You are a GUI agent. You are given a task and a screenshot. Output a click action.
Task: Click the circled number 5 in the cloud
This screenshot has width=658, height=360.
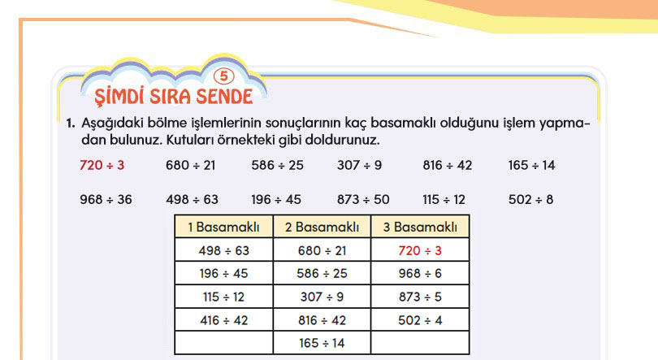tap(223, 76)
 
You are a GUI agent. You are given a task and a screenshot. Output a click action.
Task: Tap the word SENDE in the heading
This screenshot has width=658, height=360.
tap(224, 97)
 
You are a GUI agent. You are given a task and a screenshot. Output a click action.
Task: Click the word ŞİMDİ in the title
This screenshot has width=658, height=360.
tap(119, 96)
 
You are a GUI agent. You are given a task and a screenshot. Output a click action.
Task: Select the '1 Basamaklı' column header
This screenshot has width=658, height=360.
tap(223, 227)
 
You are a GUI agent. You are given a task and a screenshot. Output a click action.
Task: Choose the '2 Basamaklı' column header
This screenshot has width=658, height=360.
tap(322, 227)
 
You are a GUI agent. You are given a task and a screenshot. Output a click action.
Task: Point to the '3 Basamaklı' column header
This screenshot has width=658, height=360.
tap(420, 227)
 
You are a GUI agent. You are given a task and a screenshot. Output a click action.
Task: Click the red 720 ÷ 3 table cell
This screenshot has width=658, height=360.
tap(420, 250)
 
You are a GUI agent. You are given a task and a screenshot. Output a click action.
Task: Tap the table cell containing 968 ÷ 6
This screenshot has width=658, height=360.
tap(420, 274)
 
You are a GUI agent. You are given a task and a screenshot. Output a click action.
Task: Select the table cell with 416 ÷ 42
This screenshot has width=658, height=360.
tap(223, 320)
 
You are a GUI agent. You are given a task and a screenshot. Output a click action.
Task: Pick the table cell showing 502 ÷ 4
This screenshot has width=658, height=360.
tap(420, 320)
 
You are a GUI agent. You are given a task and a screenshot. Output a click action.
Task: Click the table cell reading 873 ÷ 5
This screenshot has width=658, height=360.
tap(420, 297)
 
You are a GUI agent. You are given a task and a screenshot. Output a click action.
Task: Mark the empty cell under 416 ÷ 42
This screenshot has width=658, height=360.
tap(223, 343)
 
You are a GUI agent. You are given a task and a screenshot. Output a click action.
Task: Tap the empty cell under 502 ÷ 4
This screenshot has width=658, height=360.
tap(420, 343)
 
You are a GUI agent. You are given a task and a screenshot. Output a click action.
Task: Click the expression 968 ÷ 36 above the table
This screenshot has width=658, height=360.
tap(106, 199)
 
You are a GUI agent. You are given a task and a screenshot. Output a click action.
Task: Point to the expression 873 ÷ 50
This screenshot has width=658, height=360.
tap(363, 199)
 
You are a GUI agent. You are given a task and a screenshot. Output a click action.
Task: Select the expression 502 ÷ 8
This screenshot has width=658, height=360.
tap(530, 199)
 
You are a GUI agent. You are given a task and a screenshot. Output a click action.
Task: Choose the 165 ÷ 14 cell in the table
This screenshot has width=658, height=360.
tap(322, 343)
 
